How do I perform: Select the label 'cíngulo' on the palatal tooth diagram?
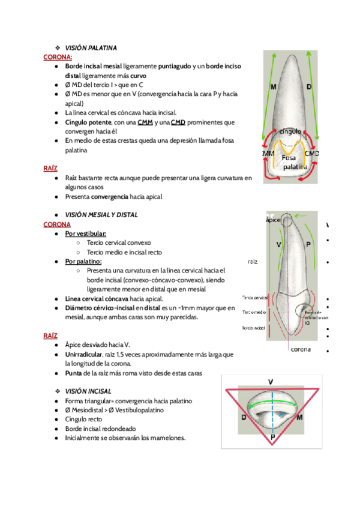[290, 131]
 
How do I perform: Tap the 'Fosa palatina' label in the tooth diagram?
[294, 162]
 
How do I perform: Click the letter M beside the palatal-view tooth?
[274, 88]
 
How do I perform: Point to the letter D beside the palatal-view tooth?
[309, 88]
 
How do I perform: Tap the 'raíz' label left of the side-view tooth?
[252, 262]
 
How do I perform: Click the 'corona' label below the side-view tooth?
[301, 349]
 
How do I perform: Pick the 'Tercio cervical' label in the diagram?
[254, 298]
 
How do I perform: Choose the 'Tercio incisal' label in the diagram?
[254, 328]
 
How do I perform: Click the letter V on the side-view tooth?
[279, 245]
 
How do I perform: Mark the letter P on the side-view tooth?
[308, 245]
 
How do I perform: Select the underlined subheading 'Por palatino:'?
[83, 262]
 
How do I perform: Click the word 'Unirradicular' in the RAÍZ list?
[88, 355]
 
